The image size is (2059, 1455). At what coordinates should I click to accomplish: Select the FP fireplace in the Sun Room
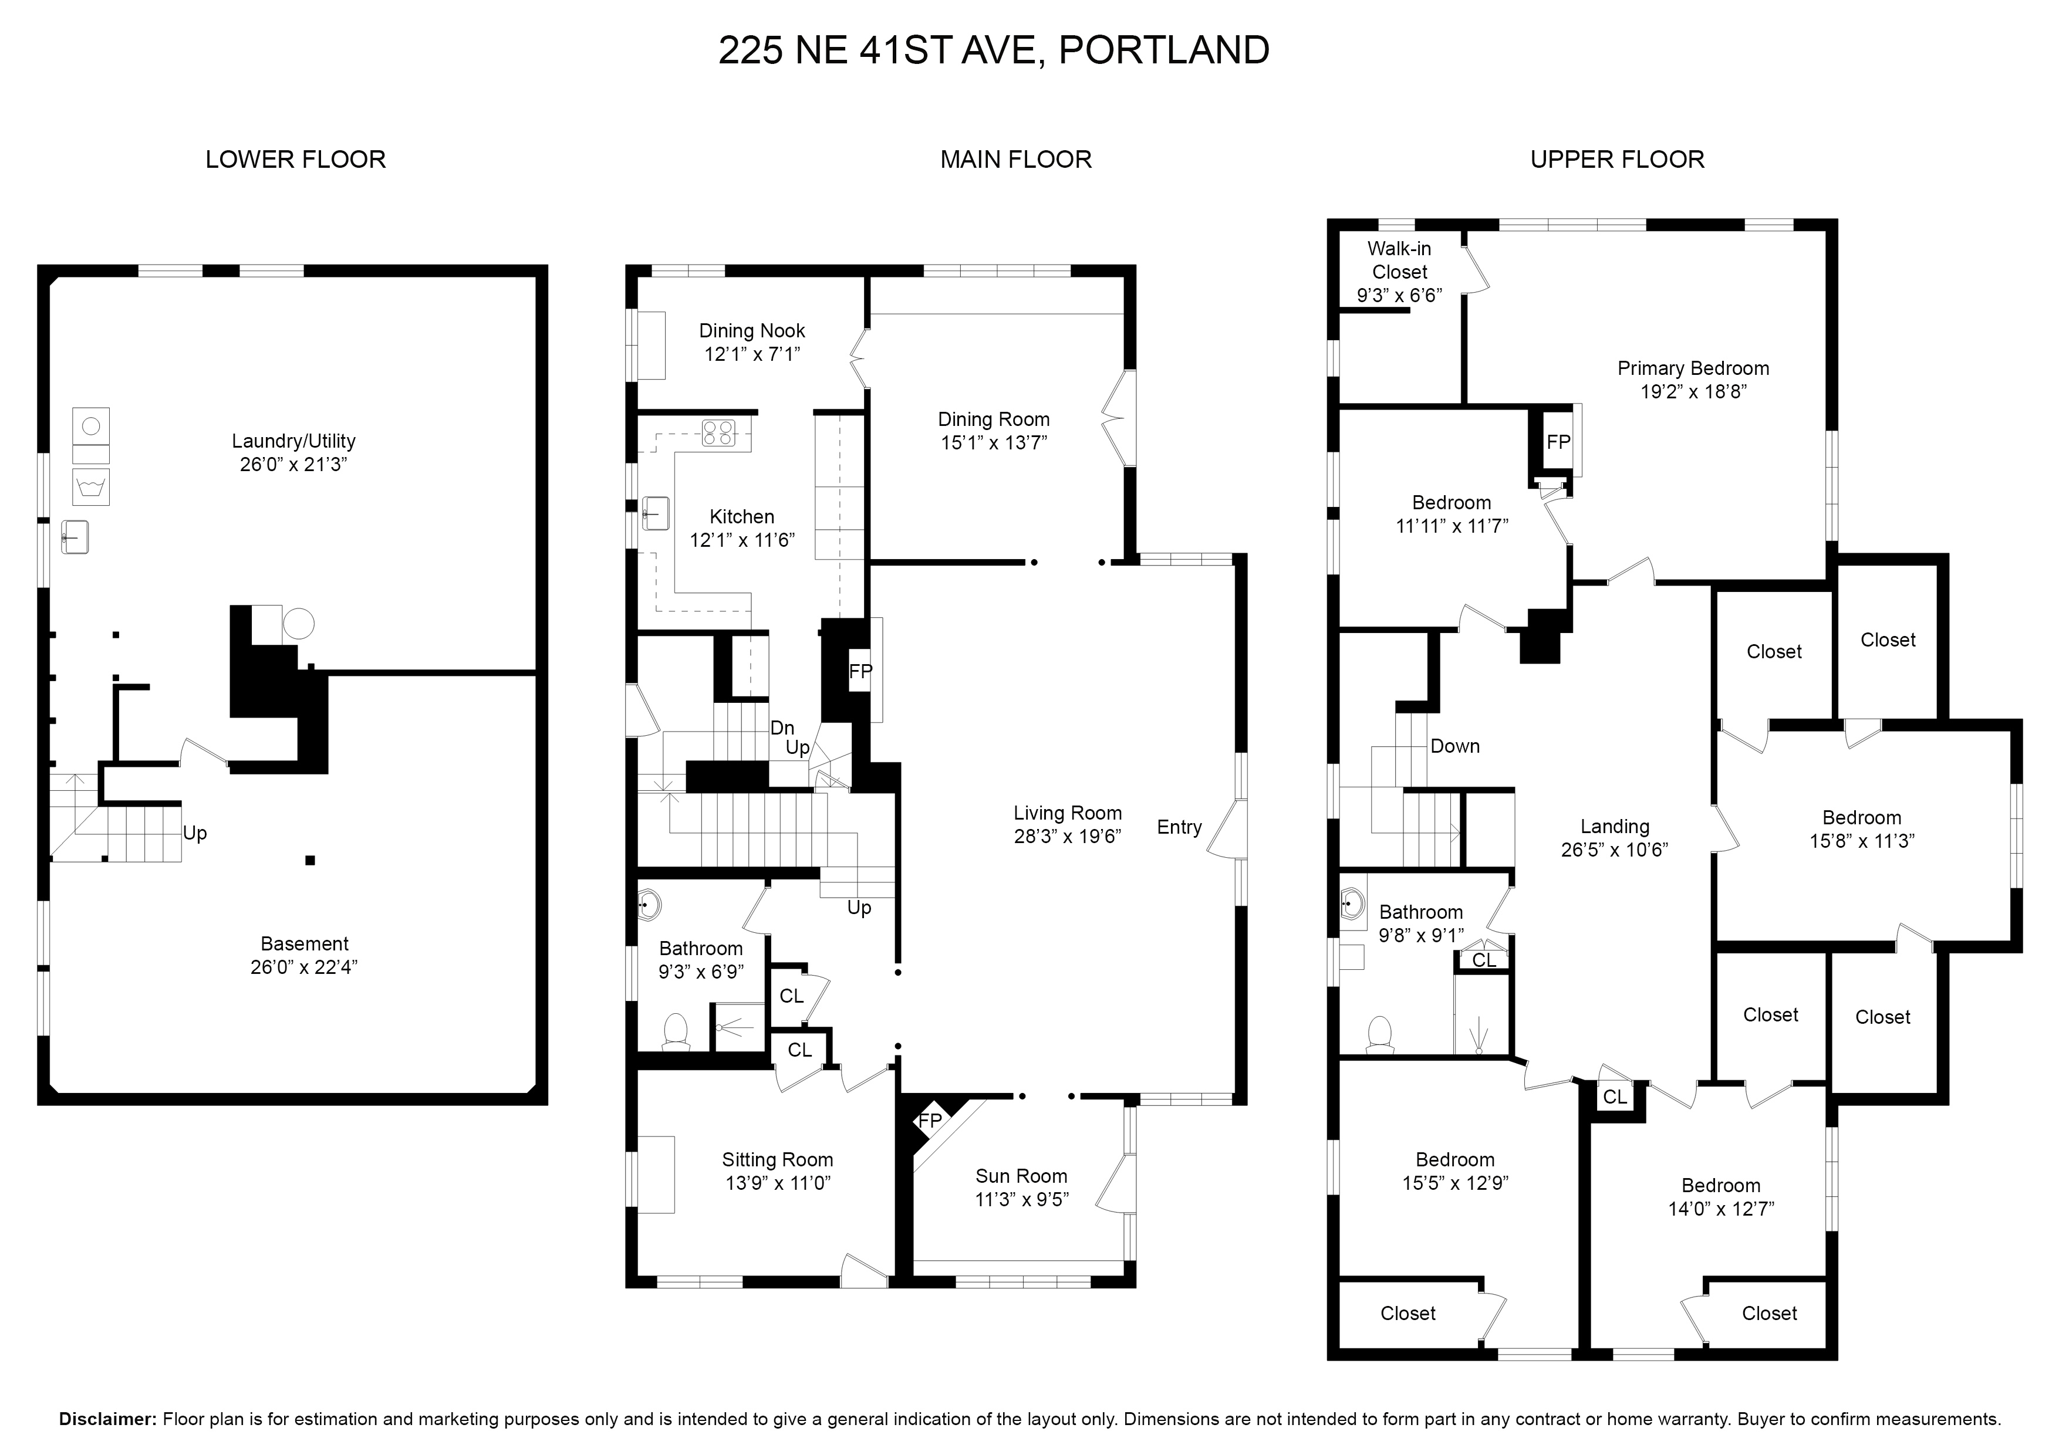pos(930,1121)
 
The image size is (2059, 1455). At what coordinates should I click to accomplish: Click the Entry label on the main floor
pos(1179,827)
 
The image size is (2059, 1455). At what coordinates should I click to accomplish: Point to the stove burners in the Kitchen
pos(718,433)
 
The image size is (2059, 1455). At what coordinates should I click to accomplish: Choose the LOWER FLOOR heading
pos(296,160)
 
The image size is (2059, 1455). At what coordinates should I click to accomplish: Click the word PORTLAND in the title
pos(1164,50)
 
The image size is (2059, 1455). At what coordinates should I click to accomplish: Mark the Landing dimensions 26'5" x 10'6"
pos(1614,850)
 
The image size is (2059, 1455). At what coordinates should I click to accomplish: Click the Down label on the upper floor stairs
pos(1454,746)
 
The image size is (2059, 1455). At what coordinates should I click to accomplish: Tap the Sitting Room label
pos(778,1160)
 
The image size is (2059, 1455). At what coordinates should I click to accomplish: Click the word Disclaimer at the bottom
pos(107,1419)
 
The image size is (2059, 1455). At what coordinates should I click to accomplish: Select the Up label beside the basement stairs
pos(195,833)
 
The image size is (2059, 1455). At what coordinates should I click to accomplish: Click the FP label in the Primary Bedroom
pos(1558,442)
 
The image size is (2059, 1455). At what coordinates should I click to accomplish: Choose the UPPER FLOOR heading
pos(1618,160)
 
